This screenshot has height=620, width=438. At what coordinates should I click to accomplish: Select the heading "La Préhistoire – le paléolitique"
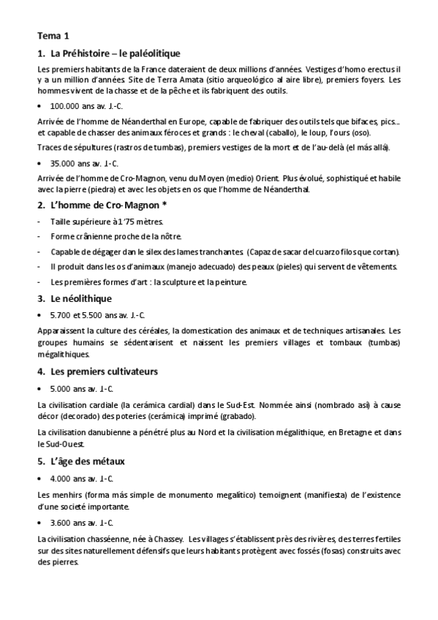[x=116, y=53]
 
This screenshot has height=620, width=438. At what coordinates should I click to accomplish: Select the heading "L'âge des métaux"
[x=88, y=461]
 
